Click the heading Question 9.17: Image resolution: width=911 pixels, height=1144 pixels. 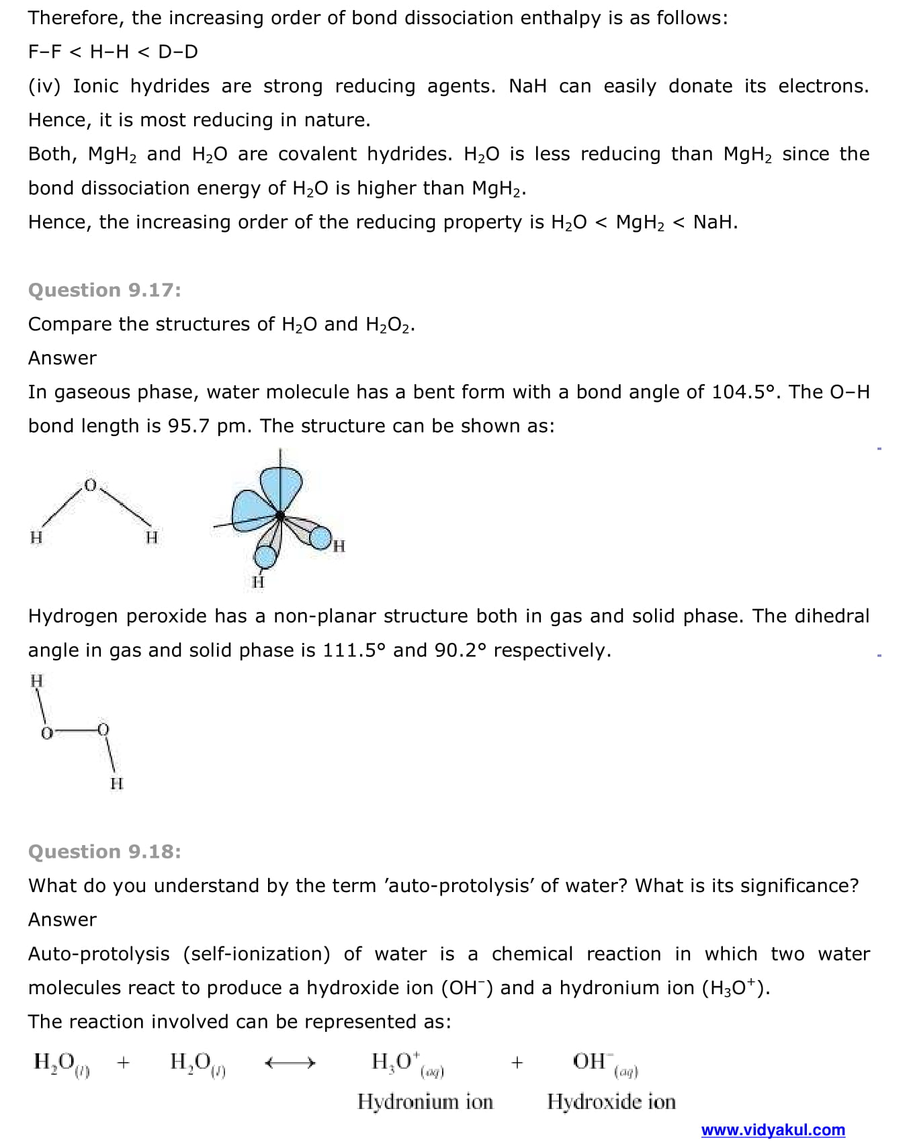coord(104,290)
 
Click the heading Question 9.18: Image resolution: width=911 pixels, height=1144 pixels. coord(104,852)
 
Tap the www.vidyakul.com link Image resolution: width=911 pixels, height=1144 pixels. coord(773,1130)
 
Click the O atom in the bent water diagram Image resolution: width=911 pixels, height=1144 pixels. coord(91,485)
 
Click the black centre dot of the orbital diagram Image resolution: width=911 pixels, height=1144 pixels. coord(280,516)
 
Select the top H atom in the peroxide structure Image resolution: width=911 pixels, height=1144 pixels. coord(37,680)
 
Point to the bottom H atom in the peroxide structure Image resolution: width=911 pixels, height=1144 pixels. coord(116,783)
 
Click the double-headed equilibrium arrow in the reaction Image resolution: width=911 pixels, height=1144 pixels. coord(290,1063)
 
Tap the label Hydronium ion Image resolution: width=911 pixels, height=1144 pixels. coord(425,1102)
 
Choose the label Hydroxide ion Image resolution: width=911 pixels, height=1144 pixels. coord(611,1102)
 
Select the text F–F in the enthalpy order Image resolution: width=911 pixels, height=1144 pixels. coord(45,52)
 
